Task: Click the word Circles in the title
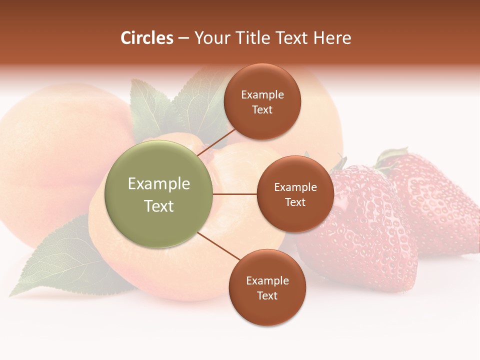click(x=146, y=38)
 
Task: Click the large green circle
click(x=158, y=194)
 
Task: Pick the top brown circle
click(x=262, y=101)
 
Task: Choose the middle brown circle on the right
click(x=295, y=194)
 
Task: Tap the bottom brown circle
click(x=267, y=287)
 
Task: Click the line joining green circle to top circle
click(x=216, y=141)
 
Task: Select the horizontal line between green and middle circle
click(x=235, y=194)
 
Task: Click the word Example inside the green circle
click(x=158, y=184)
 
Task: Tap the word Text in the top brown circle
click(x=262, y=110)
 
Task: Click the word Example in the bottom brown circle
click(x=267, y=280)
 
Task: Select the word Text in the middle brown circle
click(x=295, y=202)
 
